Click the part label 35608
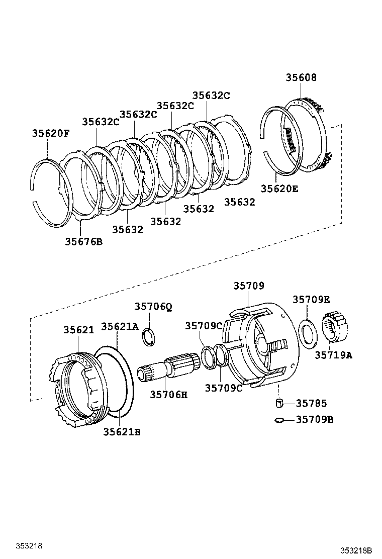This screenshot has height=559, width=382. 302,77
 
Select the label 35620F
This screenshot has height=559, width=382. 50,133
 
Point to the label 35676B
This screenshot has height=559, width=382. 83,241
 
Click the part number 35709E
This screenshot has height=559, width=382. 311,300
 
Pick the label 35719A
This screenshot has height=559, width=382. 334,355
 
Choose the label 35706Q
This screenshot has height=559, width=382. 153,307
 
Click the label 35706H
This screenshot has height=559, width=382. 168,395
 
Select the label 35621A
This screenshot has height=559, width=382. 120,326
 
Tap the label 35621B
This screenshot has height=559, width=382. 122,431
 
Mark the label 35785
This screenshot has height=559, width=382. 311,403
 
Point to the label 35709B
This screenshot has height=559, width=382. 315,419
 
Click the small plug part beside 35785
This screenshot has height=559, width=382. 280,403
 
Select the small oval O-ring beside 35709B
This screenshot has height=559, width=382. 280,419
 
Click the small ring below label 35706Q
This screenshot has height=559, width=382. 148,336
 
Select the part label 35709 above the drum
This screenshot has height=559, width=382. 248,286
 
